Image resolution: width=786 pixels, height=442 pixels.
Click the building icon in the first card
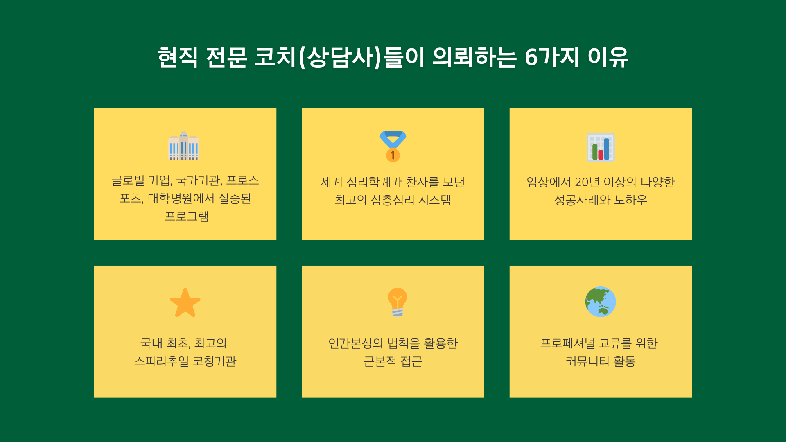tap(184, 146)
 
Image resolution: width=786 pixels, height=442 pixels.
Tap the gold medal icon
tap(393, 147)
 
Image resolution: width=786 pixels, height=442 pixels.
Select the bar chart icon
tap(601, 147)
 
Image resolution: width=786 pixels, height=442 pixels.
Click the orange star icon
tap(185, 302)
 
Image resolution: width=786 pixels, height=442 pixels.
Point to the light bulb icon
tap(397, 302)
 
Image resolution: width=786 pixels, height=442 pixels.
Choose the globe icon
tap(601, 302)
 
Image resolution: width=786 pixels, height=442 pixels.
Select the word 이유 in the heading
tap(608, 57)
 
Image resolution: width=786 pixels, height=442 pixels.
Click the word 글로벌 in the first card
tap(128, 180)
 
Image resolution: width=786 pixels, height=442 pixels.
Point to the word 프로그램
tap(187, 216)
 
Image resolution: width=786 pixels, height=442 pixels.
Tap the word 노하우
tap(630, 200)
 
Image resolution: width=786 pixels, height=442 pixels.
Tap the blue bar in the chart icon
tap(607, 149)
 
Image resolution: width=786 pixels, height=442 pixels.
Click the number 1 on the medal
tap(393, 156)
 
